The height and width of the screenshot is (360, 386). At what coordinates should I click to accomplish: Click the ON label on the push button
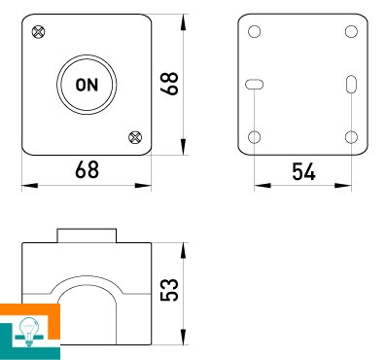[x=87, y=85]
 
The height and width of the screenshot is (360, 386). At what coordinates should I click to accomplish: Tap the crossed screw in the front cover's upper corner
[x=39, y=32]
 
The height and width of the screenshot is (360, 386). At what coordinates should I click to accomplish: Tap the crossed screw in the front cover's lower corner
[x=135, y=137]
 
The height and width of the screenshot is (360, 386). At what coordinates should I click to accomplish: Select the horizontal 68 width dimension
[x=87, y=169]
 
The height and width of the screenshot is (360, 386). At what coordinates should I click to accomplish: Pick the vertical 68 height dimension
[x=170, y=84]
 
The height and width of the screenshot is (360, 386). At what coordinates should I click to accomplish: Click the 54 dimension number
[x=303, y=171]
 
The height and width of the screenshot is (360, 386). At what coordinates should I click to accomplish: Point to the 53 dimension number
[x=170, y=290]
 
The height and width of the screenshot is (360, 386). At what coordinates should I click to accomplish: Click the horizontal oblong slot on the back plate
[x=254, y=85]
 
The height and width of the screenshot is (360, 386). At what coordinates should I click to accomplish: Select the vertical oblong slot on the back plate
[x=351, y=85]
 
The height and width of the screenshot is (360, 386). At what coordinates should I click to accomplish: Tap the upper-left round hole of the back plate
[x=254, y=32]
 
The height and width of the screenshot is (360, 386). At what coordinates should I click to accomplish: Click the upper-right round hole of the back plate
[x=351, y=32]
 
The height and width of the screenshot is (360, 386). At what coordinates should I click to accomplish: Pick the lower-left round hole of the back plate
[x=254, y=137]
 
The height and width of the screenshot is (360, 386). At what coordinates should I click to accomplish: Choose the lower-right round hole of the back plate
[x=351, y=137]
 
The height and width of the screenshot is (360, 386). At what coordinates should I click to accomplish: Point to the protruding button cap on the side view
[x=87, y=235]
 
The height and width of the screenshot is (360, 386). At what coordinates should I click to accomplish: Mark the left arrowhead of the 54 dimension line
[x=263, y=186]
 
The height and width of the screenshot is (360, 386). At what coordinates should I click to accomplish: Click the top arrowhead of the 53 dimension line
[x=184, y=251]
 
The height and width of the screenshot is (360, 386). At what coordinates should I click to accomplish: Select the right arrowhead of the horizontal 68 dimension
[x=143, y=186]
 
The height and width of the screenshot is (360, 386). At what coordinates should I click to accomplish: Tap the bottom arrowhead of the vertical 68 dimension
[x=184, y=147]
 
